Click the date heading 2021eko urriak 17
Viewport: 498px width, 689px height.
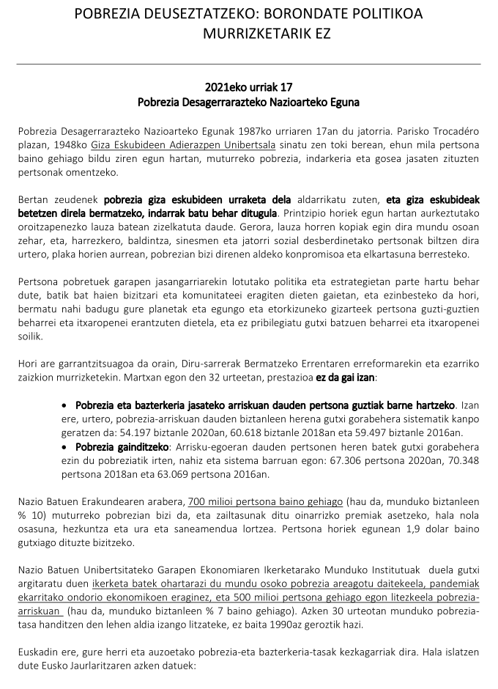248,86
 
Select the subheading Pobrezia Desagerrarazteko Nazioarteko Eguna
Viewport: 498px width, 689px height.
248,101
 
